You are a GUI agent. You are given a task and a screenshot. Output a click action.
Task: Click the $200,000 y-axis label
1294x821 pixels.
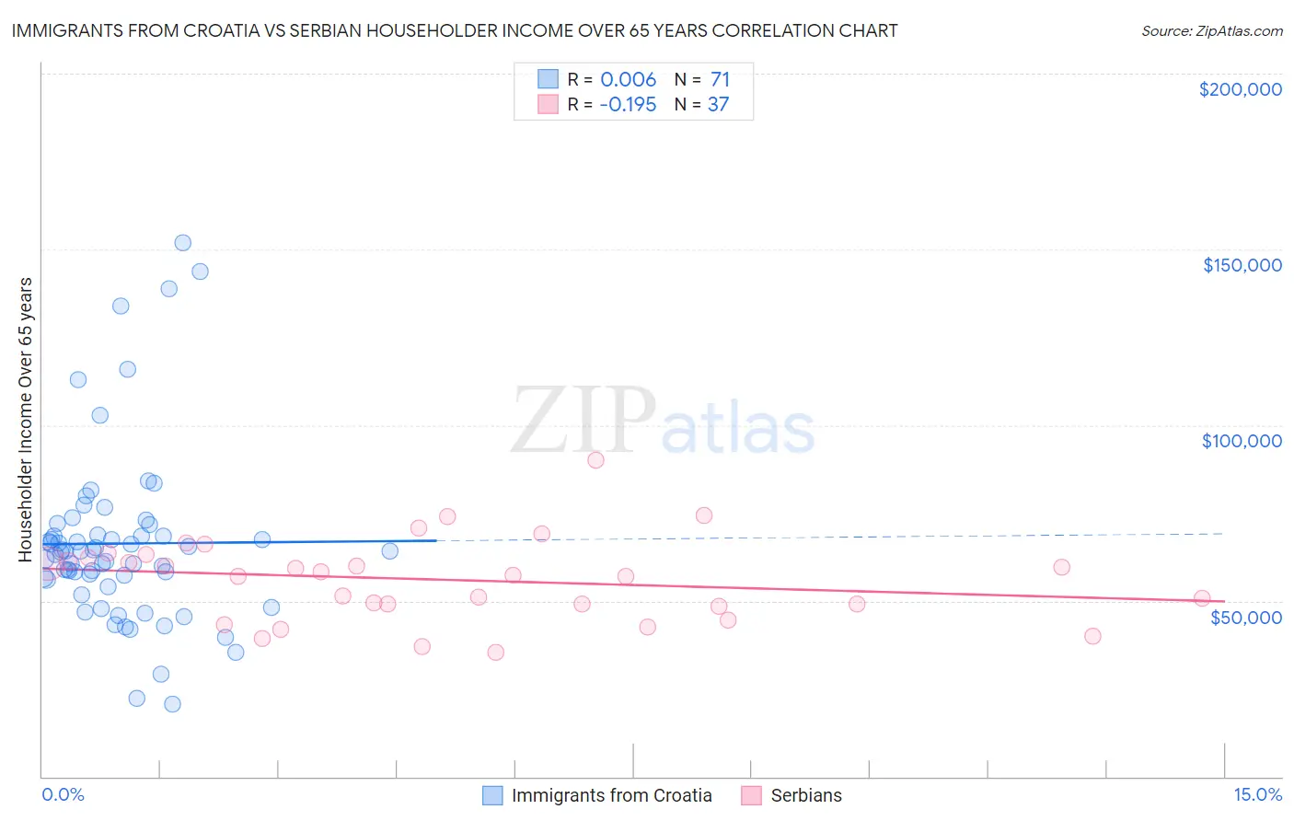pos(1240,89)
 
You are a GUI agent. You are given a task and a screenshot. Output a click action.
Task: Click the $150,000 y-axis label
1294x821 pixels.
pos(1242,265)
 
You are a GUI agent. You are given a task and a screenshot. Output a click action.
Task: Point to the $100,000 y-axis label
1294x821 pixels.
pos(1242,441)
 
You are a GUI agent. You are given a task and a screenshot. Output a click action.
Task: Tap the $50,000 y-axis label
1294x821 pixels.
pos(1245,617)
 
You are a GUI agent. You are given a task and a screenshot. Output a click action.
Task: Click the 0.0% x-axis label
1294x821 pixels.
pos(63,794)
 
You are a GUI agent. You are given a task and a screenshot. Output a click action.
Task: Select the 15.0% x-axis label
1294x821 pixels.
pos(1257,794)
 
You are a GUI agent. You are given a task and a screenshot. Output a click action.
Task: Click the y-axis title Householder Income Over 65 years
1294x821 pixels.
pos(25,419)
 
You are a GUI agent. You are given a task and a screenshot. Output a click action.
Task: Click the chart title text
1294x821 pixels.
pos(455,30)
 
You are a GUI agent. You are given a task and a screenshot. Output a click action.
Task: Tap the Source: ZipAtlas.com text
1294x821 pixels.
pos(1211,31)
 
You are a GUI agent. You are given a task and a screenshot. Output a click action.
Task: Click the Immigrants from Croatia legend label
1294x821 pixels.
pos(611,795)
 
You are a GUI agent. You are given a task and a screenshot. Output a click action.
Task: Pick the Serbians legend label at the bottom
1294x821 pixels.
pos(806,795)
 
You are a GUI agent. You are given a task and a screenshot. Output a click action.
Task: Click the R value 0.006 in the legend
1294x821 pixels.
pos(628,80)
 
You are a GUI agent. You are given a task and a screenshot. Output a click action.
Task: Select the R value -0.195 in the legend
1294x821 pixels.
pos(628,105)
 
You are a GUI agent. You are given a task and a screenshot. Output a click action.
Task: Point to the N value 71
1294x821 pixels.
pos(720,80)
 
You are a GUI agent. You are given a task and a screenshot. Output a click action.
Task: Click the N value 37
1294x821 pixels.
pos(718,105)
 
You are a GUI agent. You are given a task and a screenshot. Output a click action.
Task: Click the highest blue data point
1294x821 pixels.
pos(183,243)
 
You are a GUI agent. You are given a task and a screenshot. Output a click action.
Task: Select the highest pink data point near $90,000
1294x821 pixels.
pos(595,460)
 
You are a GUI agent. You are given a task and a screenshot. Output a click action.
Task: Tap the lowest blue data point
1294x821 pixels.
pos(172,704)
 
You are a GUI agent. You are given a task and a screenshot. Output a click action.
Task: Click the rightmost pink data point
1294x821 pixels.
pos(1202,598)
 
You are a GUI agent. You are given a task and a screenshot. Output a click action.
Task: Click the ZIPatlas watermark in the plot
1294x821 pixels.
pos(663,421)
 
